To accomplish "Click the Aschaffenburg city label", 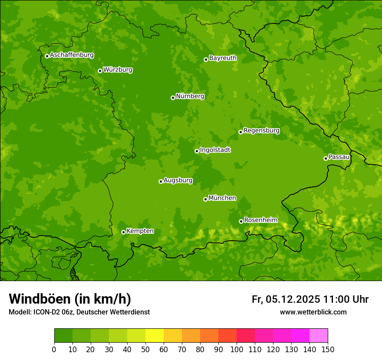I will coord(72,55).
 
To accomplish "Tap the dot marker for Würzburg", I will coord(100,71).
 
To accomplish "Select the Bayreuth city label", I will coord(223,58).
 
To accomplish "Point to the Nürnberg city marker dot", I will coord(173,98).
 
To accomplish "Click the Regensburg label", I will coord(261,131).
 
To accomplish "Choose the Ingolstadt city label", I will coord(215,150).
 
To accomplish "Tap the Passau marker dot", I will coord(326,158).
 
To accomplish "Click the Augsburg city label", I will coord(178,180).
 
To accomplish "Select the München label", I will coord(222,198).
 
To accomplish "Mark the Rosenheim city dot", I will coord(241,222).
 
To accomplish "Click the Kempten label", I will coord(140,231).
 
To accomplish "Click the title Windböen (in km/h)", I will coord(70,299).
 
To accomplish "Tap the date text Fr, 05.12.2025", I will coord(286,299).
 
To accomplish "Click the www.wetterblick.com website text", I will coord(313,312).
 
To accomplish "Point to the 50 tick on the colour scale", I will coord(145,349).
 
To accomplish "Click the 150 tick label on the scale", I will coord(328,349).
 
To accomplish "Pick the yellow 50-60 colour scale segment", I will coord(154,336).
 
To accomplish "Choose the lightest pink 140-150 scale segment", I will coord(318,336).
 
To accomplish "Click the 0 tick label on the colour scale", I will coord(54,349).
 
